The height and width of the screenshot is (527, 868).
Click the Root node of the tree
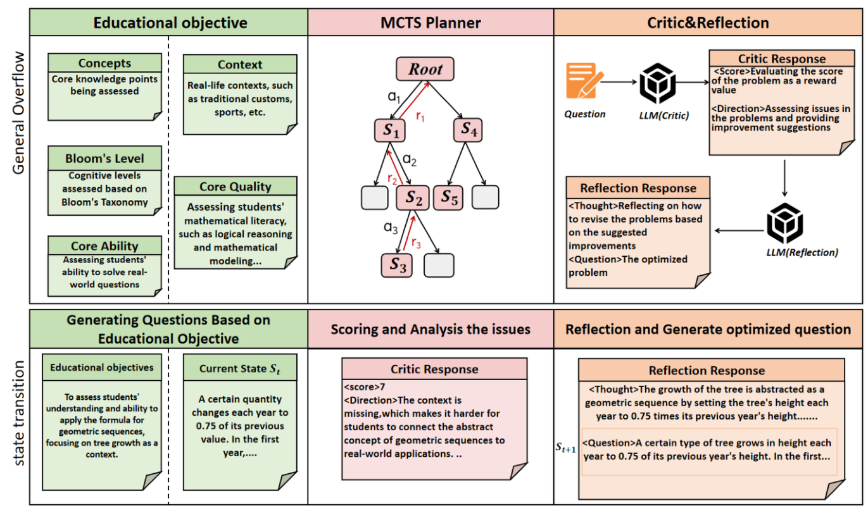click(425, 69)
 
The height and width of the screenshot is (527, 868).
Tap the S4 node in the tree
click(468, 130)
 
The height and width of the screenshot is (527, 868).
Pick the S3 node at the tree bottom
click(397, 265)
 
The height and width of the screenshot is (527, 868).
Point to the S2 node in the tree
click(413, 198)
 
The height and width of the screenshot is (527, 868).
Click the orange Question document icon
click(581, 80)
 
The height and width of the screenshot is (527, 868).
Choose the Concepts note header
click(104, 63)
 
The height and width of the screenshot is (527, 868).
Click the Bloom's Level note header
click(104, 158)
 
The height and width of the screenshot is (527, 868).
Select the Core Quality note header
click(235, 187)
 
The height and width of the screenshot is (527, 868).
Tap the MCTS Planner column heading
click(431, 23)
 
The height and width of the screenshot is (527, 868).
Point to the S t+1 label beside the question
click(565, 449)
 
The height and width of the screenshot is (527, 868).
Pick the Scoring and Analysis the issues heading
click(431, 329)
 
